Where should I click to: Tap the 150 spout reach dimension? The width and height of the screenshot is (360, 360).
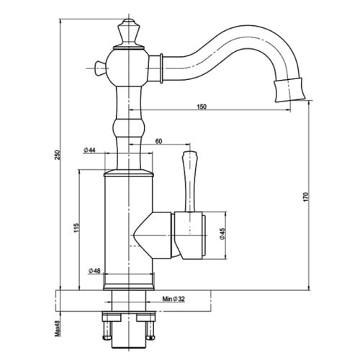tap(202, 107)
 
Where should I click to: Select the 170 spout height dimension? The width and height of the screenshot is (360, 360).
tap(305, 195)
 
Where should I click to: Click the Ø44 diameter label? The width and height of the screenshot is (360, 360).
tap(90, 150)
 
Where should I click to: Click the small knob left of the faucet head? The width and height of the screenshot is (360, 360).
tap(99, 68)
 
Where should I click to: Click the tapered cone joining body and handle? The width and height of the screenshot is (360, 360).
tap(153, 236)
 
